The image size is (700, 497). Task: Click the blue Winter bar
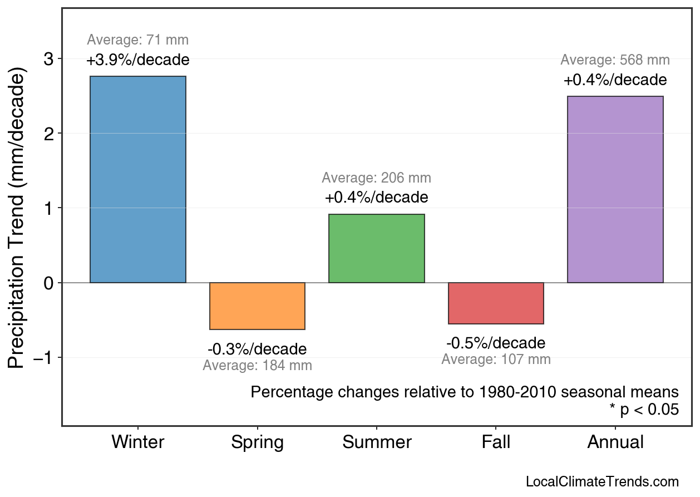coord(138,179)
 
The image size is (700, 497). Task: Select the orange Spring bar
coord(257,306)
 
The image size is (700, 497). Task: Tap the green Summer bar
coord(377,248)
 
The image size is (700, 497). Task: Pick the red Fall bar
coord(496,303)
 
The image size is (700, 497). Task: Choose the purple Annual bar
coord(615,189)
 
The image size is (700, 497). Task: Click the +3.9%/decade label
coord(138,60)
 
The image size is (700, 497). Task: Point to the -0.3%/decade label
coord(257,350)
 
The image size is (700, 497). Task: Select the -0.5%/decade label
coord(496,343)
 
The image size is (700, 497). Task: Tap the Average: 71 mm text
coord(138,40)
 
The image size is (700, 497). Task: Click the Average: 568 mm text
coord(615,60)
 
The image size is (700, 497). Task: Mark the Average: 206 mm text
coord(376,178)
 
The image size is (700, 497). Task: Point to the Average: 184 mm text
coord(257,366)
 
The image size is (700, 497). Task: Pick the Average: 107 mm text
coord(496,360)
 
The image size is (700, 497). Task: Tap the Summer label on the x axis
coord(377,442)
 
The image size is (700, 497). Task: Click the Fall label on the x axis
coord(496,442)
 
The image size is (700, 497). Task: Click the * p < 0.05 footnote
coord(644,410)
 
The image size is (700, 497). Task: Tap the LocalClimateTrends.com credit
coord(602,482)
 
